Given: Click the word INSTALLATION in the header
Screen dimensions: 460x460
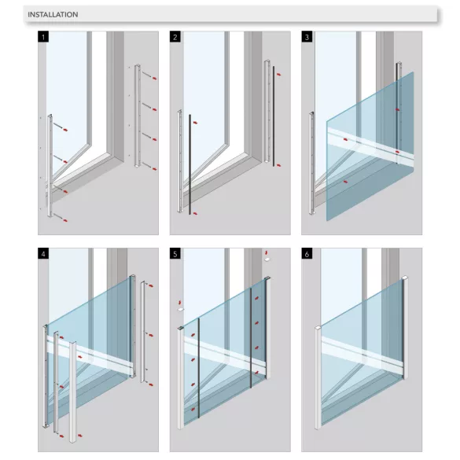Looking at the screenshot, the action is click(53, 14).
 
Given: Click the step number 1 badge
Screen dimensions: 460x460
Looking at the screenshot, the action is click(43, 37).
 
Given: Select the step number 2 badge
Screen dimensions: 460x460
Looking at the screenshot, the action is click(175, 37).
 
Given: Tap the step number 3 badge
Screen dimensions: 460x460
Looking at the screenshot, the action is click(307, 37).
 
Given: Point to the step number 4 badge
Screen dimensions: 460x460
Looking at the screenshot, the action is click(43, 254).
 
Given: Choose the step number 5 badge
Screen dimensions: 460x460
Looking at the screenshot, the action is click(175, 254).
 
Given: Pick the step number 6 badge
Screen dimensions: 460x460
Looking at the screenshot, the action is click(307, 254).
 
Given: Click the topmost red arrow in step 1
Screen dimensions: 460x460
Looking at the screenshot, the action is click(155, 79).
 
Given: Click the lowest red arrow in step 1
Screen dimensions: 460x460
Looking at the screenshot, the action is click(65, 220).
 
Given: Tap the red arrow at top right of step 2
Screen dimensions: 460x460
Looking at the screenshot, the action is click(278, 75).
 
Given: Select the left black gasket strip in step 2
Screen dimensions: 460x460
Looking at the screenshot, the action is click(190, 164).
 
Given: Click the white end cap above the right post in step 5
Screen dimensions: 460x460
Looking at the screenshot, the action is click(267, 259).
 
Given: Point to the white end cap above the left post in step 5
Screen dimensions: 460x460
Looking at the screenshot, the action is click(180, 309).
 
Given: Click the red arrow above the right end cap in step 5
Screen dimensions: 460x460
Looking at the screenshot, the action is click(267, 252).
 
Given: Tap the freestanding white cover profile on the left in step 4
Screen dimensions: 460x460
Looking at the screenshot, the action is click(72, 392).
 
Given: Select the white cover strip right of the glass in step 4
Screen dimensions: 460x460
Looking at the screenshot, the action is click(143, 332).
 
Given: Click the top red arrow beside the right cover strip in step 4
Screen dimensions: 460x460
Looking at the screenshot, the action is click(151, 285).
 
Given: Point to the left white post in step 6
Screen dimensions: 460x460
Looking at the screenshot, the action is click(318, 377).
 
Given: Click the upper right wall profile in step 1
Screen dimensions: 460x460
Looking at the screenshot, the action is click(138, 116).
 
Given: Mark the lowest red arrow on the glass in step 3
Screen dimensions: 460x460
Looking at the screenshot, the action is click(346, 182).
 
